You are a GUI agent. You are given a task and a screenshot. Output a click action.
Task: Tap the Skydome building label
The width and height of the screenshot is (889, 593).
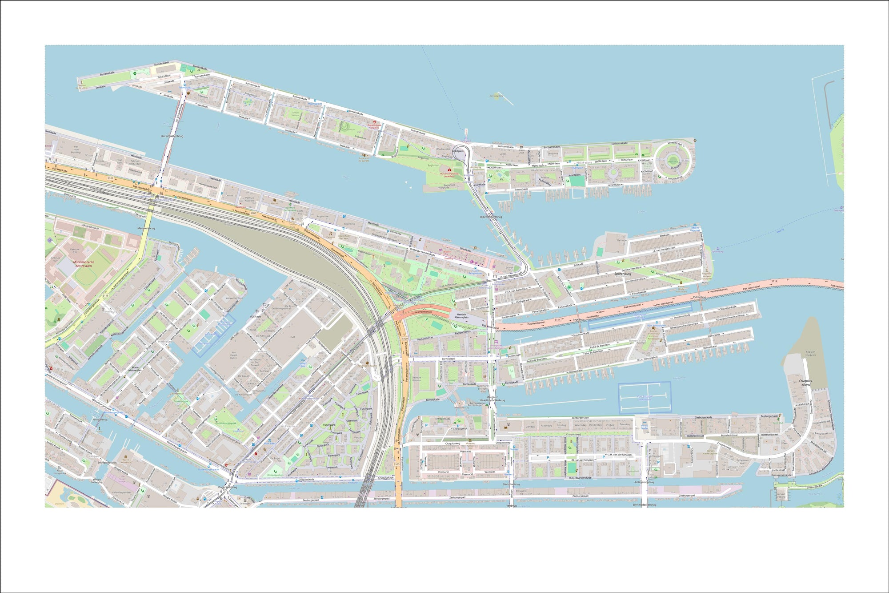coord(553,153)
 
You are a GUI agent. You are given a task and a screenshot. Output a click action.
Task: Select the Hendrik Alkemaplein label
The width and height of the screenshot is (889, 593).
coord(461,316)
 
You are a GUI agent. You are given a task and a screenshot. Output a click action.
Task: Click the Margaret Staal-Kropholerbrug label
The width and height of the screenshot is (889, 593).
coord(495,399)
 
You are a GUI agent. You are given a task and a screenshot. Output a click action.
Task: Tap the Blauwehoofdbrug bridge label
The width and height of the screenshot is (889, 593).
coord(491,217)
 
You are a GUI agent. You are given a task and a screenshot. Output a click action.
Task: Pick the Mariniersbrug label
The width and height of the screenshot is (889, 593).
coord(146,228)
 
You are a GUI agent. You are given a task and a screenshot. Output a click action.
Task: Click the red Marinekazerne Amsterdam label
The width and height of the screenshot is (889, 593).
coord(83,264)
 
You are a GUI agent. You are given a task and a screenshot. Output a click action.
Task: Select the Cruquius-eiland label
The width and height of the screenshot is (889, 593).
coord(805,383)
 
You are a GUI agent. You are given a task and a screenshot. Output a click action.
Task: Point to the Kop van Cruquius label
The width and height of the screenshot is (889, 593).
coord(810,354)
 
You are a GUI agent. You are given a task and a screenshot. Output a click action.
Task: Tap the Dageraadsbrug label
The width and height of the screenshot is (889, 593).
coord(228,487)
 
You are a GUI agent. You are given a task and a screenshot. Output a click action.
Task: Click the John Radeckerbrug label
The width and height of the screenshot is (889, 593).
coord(645,505)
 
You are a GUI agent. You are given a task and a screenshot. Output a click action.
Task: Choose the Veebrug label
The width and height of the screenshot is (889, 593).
coord(511,505)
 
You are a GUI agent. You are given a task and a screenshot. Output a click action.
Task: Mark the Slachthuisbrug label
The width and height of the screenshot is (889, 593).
coord(511,484)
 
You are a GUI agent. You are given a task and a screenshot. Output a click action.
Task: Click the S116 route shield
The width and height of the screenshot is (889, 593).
coord(106,295)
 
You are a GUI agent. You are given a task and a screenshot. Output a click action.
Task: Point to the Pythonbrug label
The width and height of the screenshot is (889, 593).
coord(699,297)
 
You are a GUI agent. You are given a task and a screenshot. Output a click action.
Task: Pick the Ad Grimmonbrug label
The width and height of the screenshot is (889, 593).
coord(644,482)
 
